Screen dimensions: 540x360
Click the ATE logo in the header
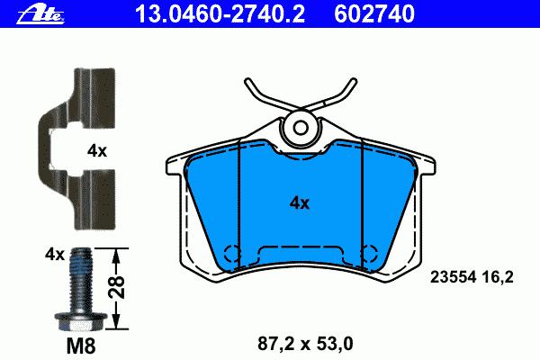(40, 14)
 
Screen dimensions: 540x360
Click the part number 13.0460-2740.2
(220, 14)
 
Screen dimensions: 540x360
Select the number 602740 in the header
(374, 14)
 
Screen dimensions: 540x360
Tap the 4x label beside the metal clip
(97, 151)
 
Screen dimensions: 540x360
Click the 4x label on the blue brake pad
(300, 203)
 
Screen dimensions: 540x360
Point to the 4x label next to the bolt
(54, 255)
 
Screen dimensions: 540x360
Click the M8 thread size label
(81, 346)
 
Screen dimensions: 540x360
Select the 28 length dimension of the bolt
(116, 286)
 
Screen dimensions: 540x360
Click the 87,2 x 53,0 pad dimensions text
(305, 344)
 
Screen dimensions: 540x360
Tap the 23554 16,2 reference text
(472, 277)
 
